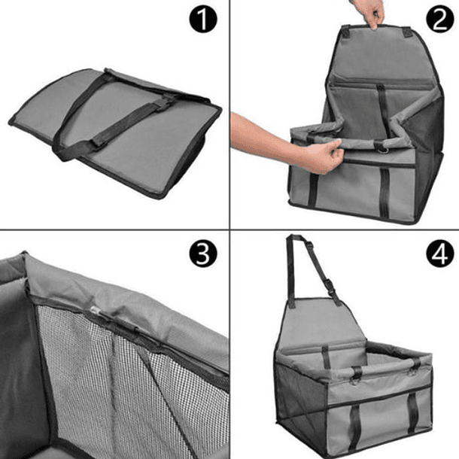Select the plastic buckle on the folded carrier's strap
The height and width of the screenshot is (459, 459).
coord(163,102)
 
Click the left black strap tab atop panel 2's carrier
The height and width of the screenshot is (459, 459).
coord(345,32)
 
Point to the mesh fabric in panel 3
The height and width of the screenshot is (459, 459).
coord(105,376)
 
